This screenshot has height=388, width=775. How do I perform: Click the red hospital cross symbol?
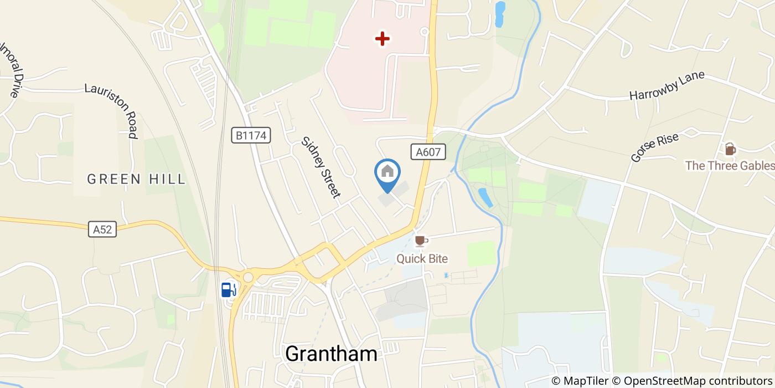pyautogui.click(x=383, y=39)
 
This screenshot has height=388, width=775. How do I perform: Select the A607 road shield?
pyautogui.click(x=428, y=152)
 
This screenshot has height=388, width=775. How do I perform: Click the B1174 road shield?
pyautogui.click(x=251, y=135)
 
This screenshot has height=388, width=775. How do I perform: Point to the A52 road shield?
pyautogui.click(x=102, y=229)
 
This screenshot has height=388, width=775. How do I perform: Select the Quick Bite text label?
pyautogui.click(x=422, y=259)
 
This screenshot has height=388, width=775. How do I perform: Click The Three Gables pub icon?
pyautogui.click(x=730, y=149)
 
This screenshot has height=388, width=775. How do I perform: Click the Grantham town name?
pyautogui.click(x=331, y=354)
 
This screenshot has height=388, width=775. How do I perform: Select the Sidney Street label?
pyautogui.click(x=320, y=167)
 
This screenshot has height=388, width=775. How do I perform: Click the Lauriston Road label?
pyautogui.click(x=111, y=110)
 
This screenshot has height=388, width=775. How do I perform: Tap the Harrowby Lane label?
pyautogui.click(x=666, y=85)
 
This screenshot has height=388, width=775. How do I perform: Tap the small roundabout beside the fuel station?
pyautogui.click(x=248, y=277)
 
